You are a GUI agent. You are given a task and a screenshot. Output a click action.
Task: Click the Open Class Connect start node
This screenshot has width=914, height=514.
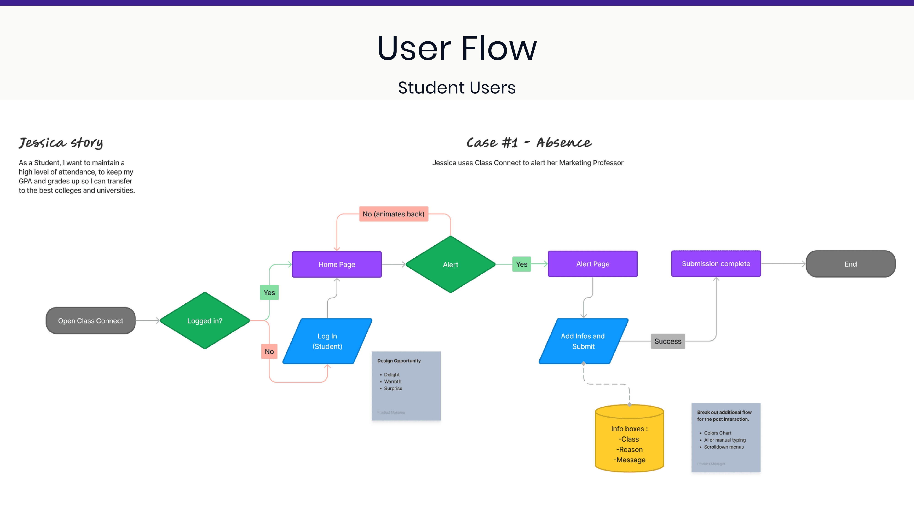pyautogui.click(x=91, y=321)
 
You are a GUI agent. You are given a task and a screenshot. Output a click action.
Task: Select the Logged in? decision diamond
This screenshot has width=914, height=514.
pyautogui.click(x=205, y=321)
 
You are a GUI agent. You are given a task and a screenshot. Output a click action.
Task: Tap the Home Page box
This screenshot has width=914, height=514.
pyautogui.click(x=337, y=264)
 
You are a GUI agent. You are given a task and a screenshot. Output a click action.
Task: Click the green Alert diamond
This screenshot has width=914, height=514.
pyautogui.click(x=450, y=265)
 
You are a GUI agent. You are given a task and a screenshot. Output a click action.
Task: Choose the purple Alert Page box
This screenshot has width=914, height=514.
pyautogui.click(x=593, y=264)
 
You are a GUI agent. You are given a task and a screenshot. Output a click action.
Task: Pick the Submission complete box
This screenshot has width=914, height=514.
pyautogui.click(x=716, y=264)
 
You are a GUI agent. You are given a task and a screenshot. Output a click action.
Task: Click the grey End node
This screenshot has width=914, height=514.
pyautogui.click(x=850, y=264)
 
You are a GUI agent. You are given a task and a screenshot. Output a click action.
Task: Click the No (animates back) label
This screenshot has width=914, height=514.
pyautogui.click(x=394, y=214)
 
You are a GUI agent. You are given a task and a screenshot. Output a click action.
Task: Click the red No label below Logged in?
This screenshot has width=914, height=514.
pyautogui.click(x=269, y=352)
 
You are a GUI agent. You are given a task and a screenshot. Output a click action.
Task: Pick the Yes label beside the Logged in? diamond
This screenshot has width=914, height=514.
pyautogui.click(x=269, y=293)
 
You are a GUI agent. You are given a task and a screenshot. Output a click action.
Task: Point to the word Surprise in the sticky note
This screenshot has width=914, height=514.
pyautogui.click(x=393, y=388)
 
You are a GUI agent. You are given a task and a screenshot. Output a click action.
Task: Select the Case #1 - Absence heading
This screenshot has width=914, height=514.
pyautogui.click(x=529, y=143)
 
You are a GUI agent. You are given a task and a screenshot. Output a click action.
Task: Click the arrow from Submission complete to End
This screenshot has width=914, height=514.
pyautogui.click(x=783, y=264)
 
